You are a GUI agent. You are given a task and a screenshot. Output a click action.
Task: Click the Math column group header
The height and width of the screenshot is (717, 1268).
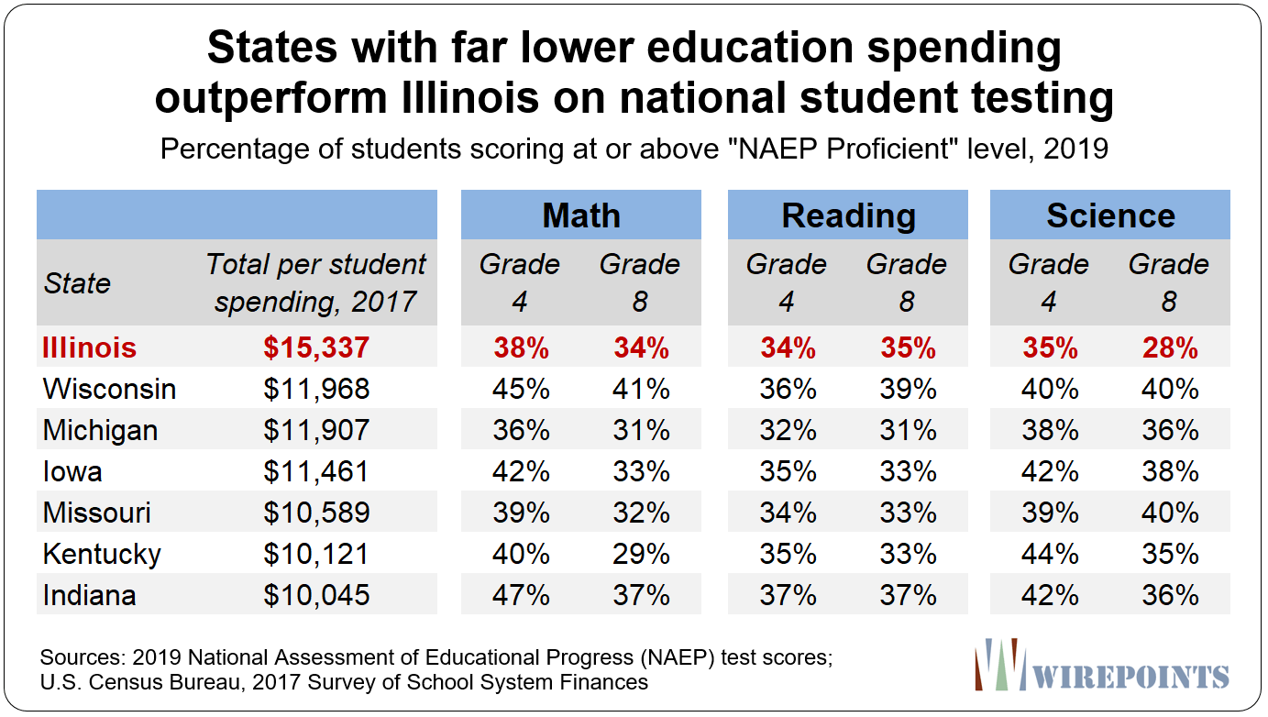(x=581, y=215)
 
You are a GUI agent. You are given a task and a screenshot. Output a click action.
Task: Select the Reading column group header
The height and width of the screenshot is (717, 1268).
(x=848, y=215)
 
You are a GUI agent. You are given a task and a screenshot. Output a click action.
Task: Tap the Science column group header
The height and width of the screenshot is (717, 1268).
(x=1110, y=215)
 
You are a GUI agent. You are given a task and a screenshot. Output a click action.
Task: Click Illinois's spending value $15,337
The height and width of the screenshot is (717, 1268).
(x=316, y=347)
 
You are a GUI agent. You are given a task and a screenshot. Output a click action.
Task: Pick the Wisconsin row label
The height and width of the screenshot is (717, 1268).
(x=109, y=389)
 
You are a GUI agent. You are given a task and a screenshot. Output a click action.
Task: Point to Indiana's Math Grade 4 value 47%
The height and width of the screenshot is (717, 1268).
(x=521, y=595)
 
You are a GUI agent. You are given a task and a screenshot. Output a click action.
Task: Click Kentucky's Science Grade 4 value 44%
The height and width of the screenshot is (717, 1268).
(x=1050, y=554)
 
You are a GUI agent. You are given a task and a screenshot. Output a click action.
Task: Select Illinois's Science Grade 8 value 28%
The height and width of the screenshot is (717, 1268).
(x=1170, y=347)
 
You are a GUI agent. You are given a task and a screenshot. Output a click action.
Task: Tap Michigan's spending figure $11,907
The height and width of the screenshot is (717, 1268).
(x=316, y=430)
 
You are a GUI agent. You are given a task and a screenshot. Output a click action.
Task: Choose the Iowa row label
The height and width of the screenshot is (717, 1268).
(x=72, y=471)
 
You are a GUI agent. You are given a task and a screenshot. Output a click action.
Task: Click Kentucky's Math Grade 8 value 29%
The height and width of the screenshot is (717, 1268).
(x=641, y=554)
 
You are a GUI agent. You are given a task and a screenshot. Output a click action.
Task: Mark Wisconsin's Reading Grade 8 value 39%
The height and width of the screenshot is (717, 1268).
(x=908, y=389)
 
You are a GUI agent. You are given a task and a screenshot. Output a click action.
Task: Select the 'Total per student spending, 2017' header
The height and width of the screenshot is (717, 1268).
(x=316, y=282)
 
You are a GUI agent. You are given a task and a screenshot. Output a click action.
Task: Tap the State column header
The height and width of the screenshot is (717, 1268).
(x=77, y=282)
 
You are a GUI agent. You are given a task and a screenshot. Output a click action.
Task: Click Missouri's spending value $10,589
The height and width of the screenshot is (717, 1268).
(x=316, y=513)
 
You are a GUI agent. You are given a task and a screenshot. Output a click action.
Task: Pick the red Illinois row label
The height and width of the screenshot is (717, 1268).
(x=89, y=347)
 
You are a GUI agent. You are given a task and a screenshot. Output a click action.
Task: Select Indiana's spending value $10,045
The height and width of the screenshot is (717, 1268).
(x=316, y=595)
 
